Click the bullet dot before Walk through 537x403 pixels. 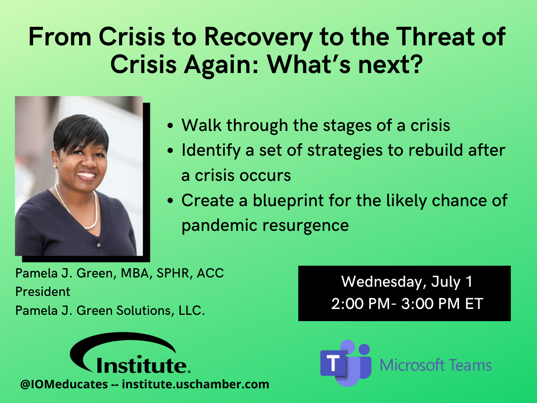coord(170,126)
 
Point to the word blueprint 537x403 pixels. coord(288,201)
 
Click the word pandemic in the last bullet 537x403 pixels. coord(219,225)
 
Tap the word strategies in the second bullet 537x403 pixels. coord(345,151)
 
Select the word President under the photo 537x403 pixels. coord(43,292)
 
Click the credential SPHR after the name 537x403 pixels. coord(173,273)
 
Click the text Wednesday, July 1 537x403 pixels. coord(407,282)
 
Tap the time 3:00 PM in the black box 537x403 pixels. coord(430,304)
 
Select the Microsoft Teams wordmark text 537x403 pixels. coord(435,365)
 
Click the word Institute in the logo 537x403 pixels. coord(142,365)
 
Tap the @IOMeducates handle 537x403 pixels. coord(64,385)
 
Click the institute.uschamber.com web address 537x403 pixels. coord(196,384)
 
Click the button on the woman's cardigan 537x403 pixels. coord(99,245)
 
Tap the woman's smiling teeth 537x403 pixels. coord(86,175)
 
